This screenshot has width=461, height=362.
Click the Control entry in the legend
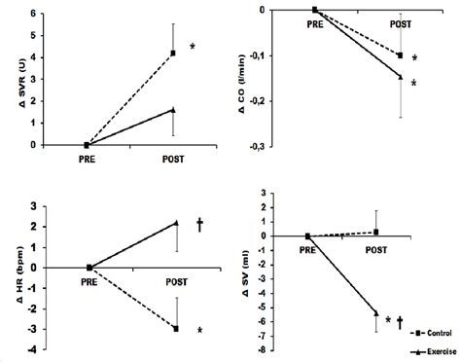(x=438, y=332)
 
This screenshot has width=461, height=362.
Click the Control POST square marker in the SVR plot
(x=172, y=53)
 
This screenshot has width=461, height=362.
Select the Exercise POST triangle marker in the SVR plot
(x=172, y=110)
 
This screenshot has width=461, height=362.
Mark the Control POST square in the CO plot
(x=400, y=55)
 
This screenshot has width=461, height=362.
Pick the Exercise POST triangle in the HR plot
(x=176, y=223)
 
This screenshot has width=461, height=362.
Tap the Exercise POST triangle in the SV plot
(x=375, y=312)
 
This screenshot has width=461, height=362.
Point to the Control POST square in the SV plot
(x=375, y=233)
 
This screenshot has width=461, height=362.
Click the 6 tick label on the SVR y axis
(x=36, y=14)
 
